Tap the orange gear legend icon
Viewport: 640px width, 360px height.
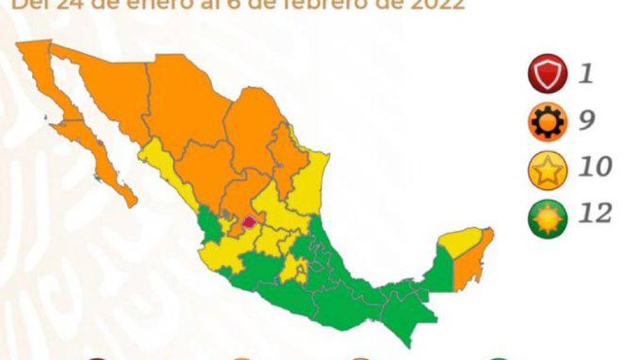pos(547,120)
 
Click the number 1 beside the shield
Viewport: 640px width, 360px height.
pos(585,74)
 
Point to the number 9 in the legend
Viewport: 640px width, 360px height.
pos(587,120)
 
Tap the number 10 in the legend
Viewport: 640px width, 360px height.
pos(595,167)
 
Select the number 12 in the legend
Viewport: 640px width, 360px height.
pos(595,213)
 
